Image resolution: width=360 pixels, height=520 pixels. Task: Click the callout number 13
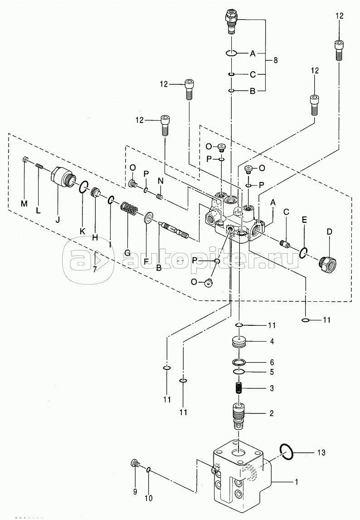coord(321,452)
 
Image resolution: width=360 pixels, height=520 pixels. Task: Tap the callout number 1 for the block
coord(297,481)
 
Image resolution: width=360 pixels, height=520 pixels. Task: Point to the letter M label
coord(24,204)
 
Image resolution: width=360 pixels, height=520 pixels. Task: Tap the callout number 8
coord(276,60)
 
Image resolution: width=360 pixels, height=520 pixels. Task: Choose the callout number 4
coord(272,341)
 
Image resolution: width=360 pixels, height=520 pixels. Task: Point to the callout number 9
coord(135,492)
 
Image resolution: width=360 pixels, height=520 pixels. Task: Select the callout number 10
coord(149,498)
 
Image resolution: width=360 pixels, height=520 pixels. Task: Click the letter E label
coord(304,220)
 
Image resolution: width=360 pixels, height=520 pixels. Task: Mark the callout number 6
coord(272,362)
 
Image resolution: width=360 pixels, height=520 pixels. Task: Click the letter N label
coord(161,181)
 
